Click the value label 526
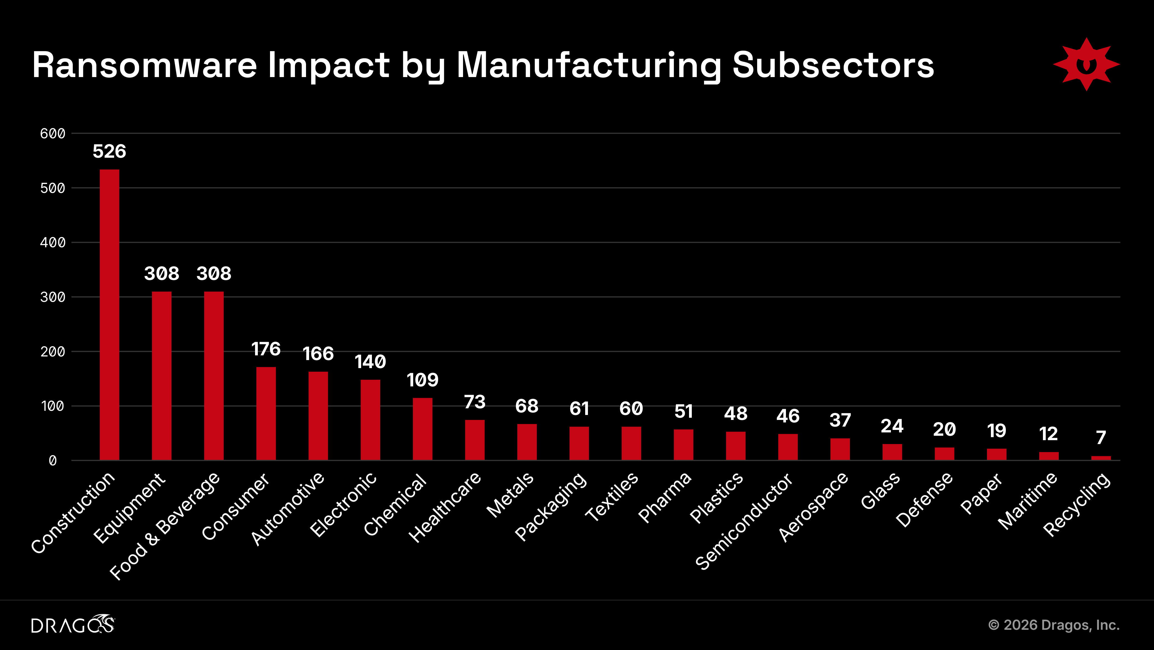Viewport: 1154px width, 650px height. point(109,152)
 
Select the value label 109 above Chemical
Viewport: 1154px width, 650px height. point(422,380)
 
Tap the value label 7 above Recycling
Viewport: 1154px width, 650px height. point(1101,437)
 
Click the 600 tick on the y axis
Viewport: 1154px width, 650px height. point(52,134)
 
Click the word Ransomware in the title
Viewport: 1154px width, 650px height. point(144,65)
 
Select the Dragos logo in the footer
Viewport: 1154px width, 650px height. point(73,624)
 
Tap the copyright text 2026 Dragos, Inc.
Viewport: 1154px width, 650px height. point(1054,625)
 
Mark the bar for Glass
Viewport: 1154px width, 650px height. point(892,452)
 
